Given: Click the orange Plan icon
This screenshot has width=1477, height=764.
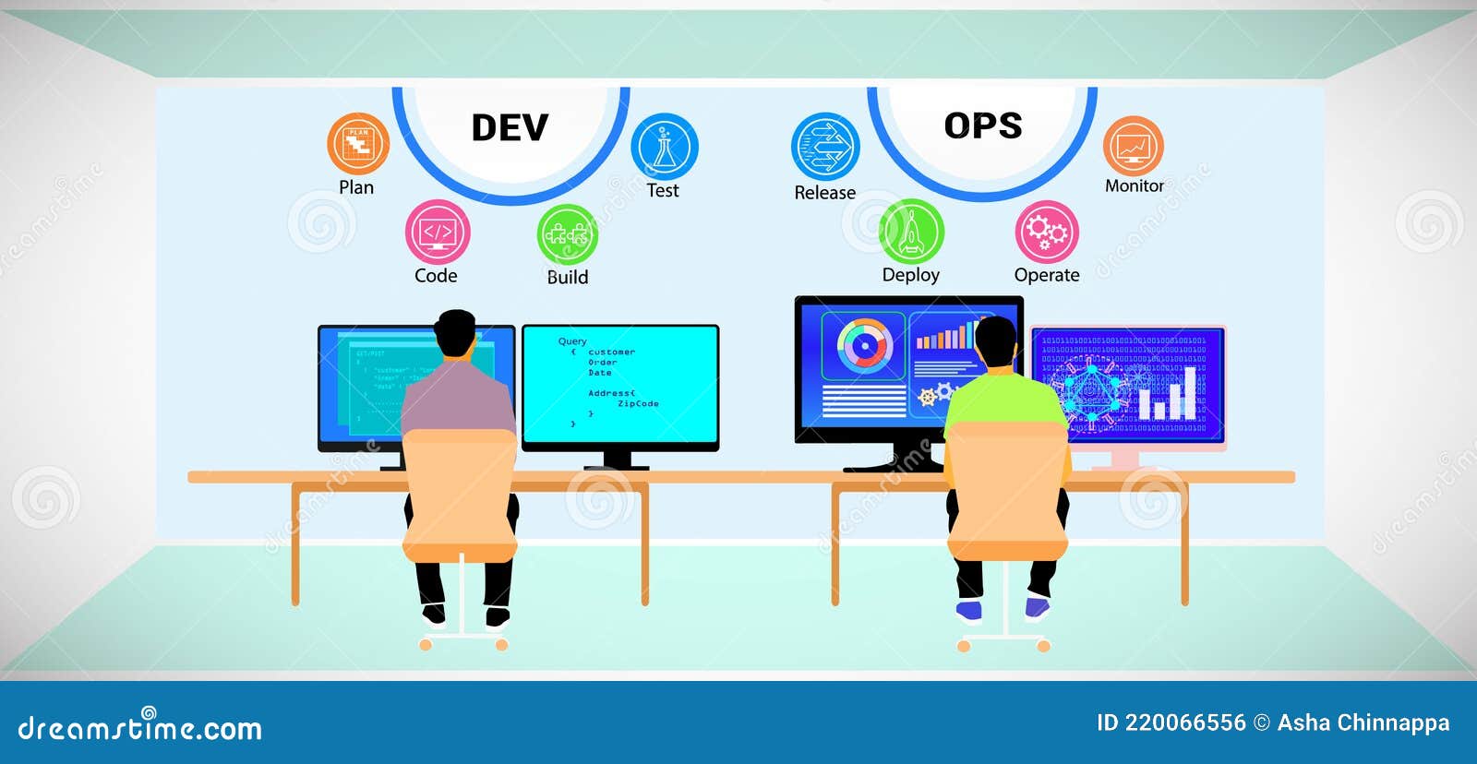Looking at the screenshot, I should [x=358, y=144].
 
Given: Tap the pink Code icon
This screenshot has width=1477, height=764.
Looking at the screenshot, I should [x=438, y=232].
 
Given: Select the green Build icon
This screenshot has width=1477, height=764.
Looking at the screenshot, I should [x=567, y=234].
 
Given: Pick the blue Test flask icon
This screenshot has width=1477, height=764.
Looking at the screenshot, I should [x=665, y=147].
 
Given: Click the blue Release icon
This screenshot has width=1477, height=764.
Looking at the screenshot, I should [x=825, y=147].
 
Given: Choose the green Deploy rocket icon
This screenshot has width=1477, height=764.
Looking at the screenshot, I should [x=911, y=232].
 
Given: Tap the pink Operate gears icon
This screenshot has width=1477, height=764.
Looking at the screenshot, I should [x=1047, y=232].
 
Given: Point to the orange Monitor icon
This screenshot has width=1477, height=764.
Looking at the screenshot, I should [x=1134, y=146].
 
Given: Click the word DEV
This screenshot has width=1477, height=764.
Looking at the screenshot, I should [x=510, y=127].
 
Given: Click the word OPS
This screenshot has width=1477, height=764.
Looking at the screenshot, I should [x=983, y=125].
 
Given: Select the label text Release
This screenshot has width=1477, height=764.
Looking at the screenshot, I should [x=825, y=193].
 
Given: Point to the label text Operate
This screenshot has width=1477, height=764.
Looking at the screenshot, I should [x=1047, y=275].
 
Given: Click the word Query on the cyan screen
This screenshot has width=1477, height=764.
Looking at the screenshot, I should [x=572, y=341].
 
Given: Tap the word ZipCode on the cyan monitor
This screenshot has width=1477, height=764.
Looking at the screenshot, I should [x=638, y=404].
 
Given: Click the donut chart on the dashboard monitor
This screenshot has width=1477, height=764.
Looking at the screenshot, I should [x=865, y=346].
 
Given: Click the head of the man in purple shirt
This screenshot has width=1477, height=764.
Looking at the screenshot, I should [x=455, y=334].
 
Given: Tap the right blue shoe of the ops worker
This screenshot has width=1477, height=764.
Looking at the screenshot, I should [x=1038, y=608].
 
